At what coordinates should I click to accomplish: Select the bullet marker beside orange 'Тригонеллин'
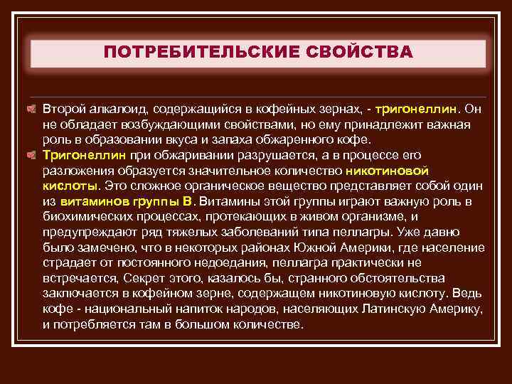pos(31,154)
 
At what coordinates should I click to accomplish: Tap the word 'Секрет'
pos(141,277)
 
